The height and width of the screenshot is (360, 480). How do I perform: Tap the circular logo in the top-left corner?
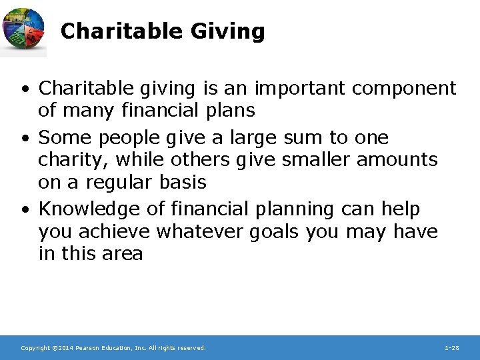(x=23, y=31)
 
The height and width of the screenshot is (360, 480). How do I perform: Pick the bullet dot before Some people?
(x=25, y=138)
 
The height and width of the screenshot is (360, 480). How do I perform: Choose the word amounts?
(x=399, y=160)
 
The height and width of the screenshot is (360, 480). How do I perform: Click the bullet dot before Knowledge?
(x=25, y=210)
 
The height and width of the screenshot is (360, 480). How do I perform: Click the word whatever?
(x=211, y=232)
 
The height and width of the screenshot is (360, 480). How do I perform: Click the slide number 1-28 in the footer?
(x=451, y=348)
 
